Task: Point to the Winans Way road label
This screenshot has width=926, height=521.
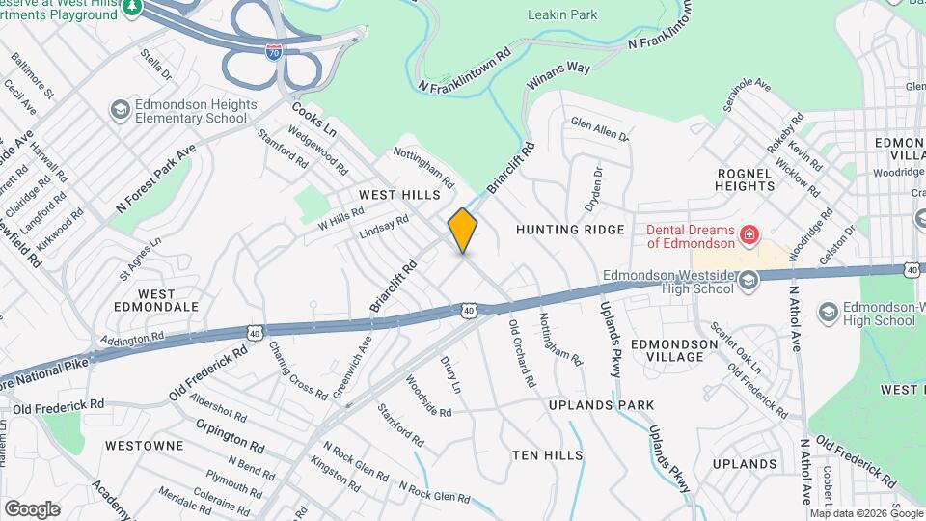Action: tap(558, 75)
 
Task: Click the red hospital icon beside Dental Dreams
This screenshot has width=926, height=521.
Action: tap(748, 235)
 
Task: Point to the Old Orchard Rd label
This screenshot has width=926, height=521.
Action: tap(522, 352)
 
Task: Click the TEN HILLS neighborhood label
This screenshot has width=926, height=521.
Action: tap(548, 454)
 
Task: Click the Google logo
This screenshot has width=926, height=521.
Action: tap(32, 508)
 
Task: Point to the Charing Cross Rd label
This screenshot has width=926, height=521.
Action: tap(298, 370)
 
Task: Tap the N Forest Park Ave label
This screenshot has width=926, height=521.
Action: tap(155, 178)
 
